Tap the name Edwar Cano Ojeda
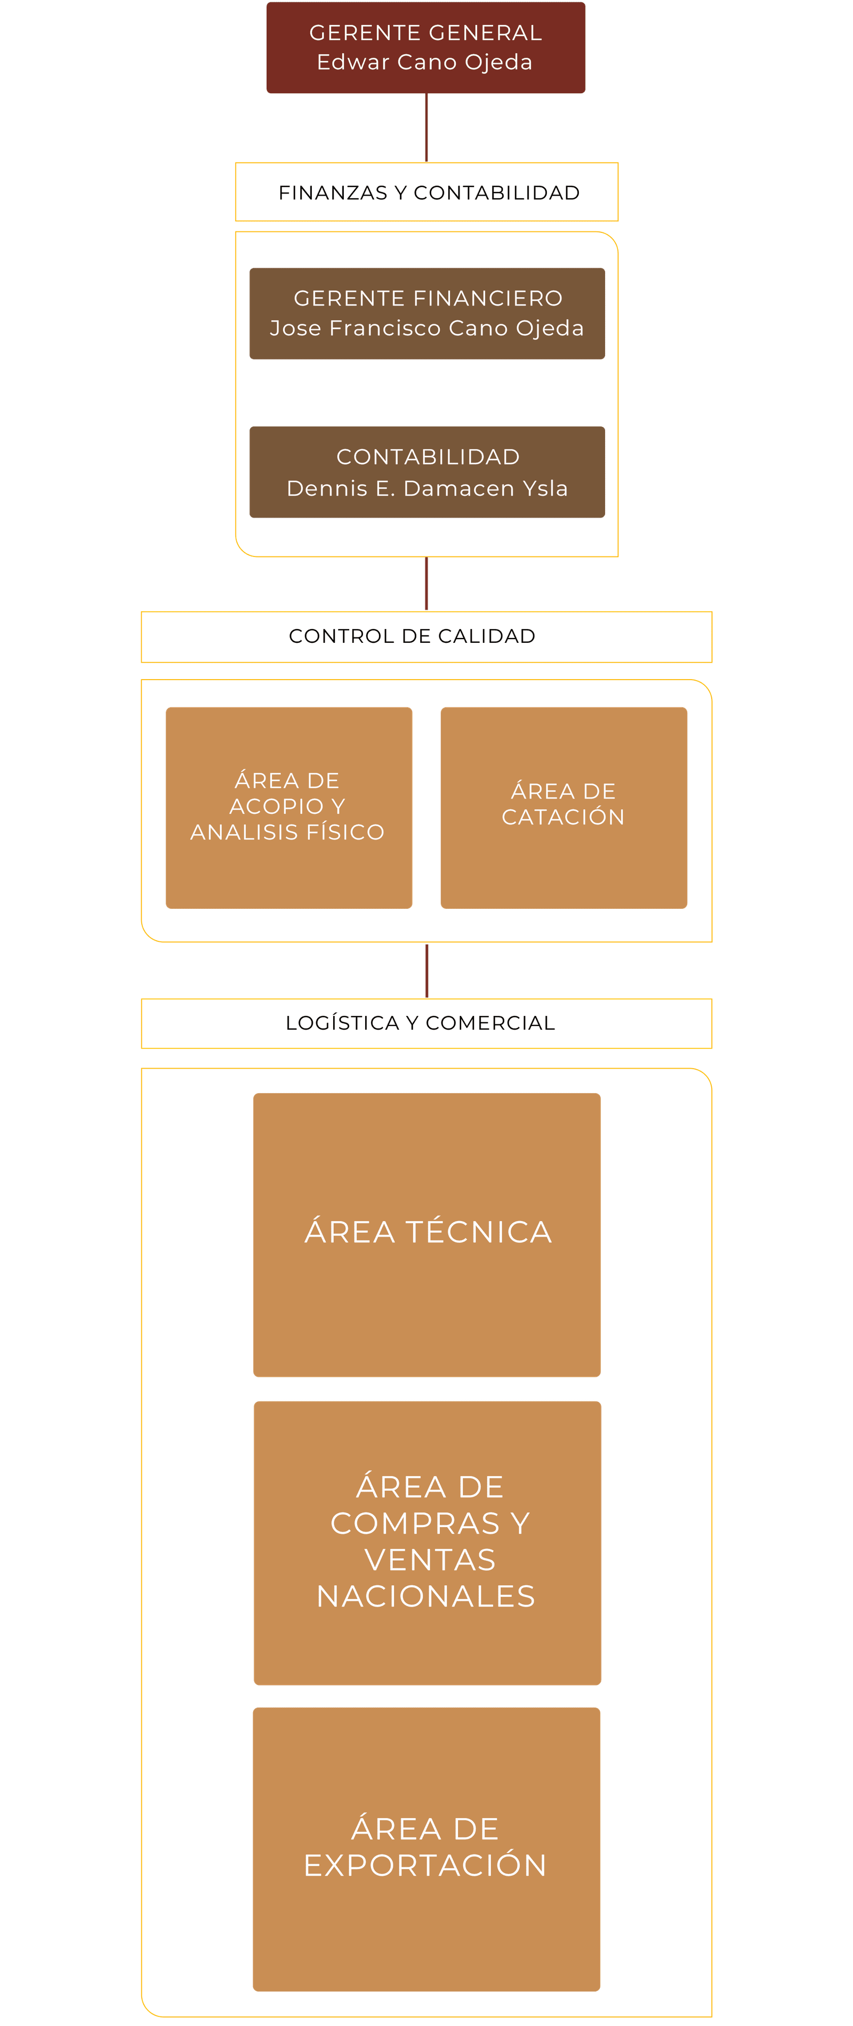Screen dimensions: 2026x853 coord(425,62)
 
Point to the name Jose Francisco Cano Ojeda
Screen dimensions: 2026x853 coord(427,328)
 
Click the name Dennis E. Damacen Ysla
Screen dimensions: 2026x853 coord(427,488)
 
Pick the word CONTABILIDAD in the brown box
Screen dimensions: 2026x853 coord(428,457)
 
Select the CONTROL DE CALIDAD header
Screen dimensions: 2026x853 coord(412,636)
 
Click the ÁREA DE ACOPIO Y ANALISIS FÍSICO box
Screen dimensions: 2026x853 coord(288,807)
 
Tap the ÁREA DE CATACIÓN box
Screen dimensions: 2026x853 coord(564,807)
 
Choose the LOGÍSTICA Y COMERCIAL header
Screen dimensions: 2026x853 coord(420,1022)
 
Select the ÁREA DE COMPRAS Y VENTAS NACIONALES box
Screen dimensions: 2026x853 coord(427,1541)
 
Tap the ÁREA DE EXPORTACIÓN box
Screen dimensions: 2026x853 coord(426,1849)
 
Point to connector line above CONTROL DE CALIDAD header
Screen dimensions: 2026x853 coord(426,584)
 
